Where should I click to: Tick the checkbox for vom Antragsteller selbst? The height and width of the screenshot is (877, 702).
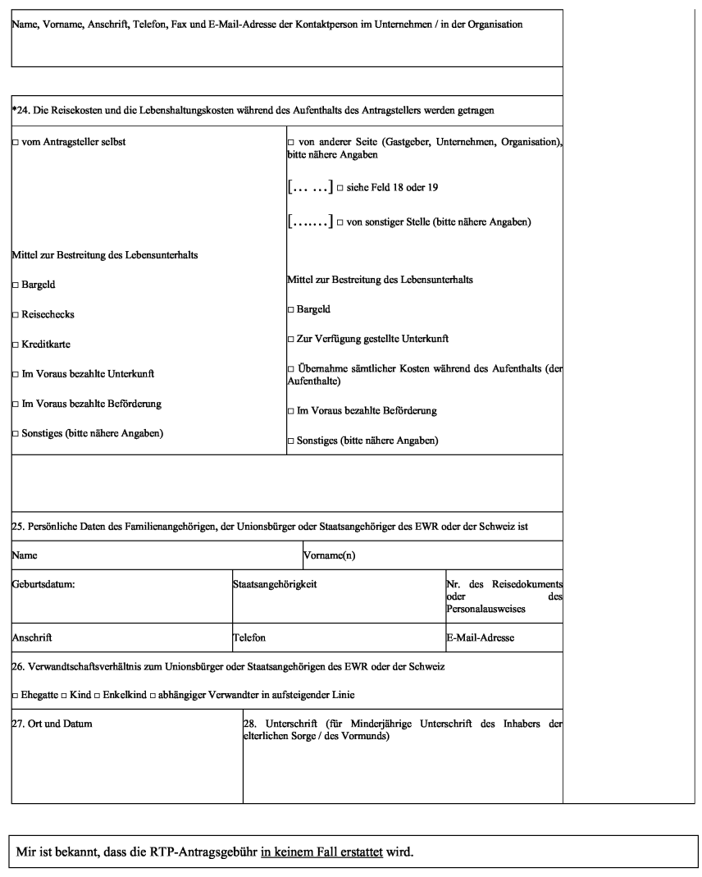pyautogui.click(x=16, y=143)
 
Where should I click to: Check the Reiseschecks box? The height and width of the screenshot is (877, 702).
pyautogui.click(x=16, y=315)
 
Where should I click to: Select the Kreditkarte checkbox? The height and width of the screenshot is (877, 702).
pyautogui.click(x=16, y=345)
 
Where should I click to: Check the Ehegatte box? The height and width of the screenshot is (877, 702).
pyautogui.click(x=16, y=696)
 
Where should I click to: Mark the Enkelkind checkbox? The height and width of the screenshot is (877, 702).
pyautogui.click(x=97, y=696)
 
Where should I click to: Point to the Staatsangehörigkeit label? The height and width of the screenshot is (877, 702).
pyautogui.click(x=275, y=584)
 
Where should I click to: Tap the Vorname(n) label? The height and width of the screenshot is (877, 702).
pyautogui.click(x=329, y=555)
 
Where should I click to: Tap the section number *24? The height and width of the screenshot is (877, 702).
pyautogui.click(x=20, y=110)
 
